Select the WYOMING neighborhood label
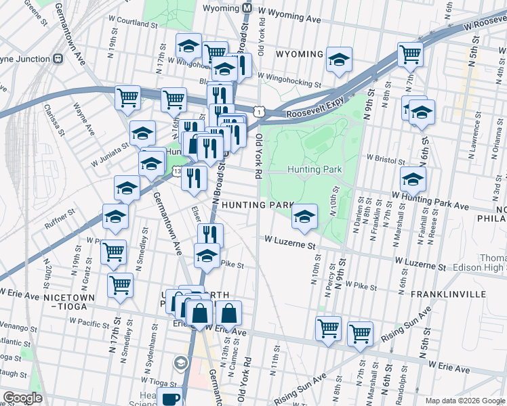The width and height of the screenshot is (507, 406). [x=298, y=54]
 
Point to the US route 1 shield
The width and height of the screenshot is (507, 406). [x=259, y=110]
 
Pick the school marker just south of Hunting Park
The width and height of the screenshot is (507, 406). [x=304, y=217]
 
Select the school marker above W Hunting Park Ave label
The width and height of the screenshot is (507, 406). [x=412, y=179]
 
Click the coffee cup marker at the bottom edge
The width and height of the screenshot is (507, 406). [x=171, y=399]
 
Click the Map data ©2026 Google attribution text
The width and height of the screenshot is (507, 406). [x=464, y=401]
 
